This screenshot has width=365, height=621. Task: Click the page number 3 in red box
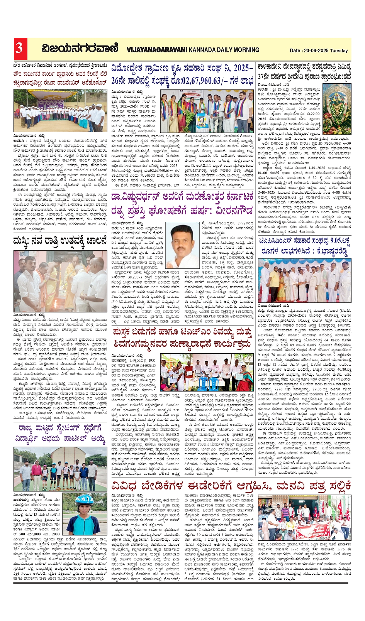[x=19, y=48]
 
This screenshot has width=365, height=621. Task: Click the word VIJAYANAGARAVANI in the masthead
[x=157, y=50]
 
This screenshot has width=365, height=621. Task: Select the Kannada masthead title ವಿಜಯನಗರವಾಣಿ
[x=80, y=49]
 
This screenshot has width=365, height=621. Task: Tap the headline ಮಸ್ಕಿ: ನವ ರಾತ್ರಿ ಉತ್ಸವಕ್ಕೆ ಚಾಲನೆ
[x=60, y=241]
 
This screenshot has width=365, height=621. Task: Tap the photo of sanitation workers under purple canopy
[x=60, y=111]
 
